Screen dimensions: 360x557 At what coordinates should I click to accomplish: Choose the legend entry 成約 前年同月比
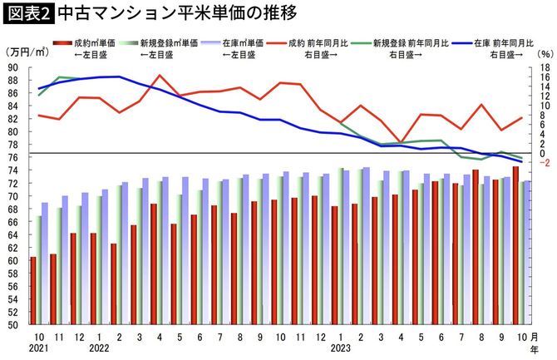click(x=328, y=42)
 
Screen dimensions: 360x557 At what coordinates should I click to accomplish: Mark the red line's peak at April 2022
click(x=160, y=76)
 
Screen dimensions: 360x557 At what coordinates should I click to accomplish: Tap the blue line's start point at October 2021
click(x=39, y=88)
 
